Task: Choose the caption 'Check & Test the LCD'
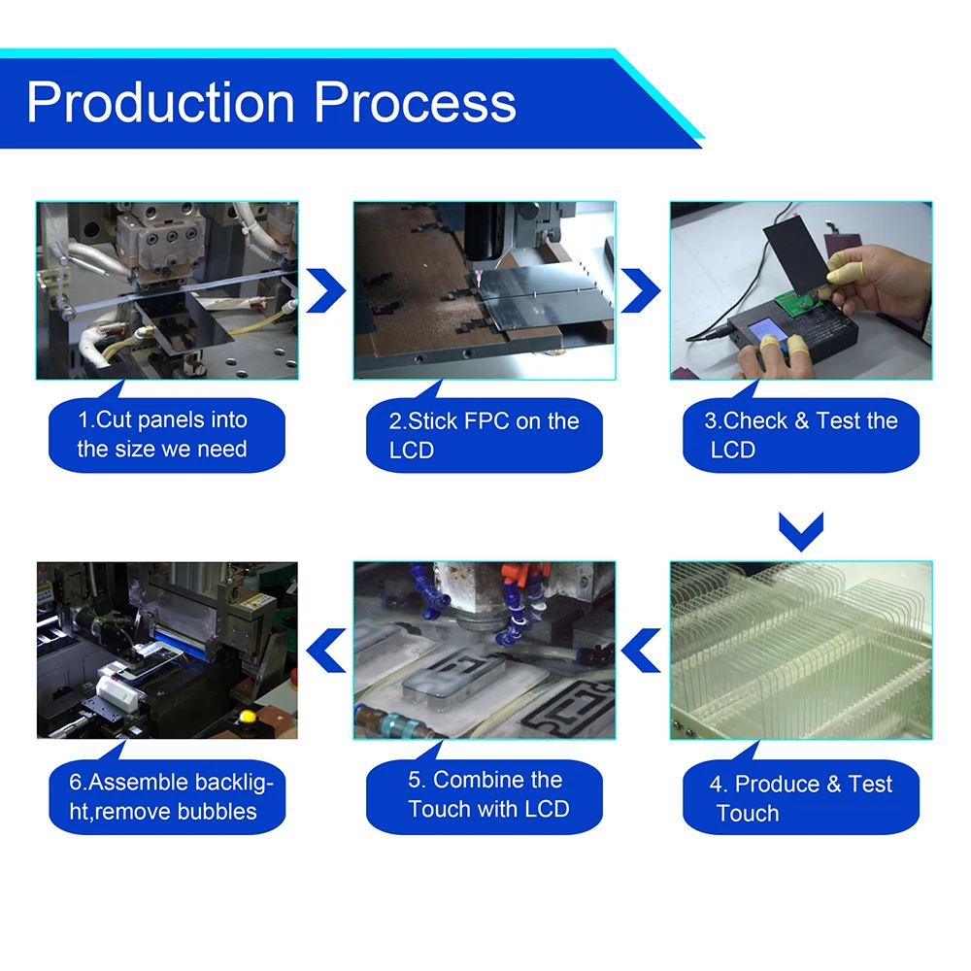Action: [x=801, y=435]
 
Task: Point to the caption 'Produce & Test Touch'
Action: [x=801, y=798]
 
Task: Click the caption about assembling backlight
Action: [x=166, y=797]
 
